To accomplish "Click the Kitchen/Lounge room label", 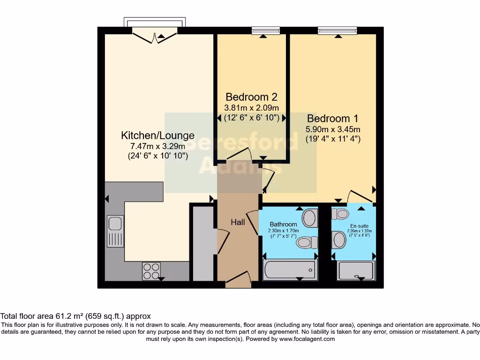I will [x=157, y=135].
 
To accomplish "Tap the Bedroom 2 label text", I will [x=251, y=97].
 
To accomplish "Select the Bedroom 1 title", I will [x=333, y=119].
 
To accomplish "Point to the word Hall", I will [x=238, y=222].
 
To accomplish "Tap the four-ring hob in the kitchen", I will [x=151, y=271].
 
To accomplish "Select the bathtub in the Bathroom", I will [x=289, y=269].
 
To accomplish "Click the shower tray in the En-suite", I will [x=357, y=270].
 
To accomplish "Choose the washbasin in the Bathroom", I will [x=309, y=217].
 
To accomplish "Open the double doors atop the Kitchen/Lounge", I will [x=155, y=36].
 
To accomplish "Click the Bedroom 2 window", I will [x=265, y=31].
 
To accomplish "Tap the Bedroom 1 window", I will [x=337, y=31].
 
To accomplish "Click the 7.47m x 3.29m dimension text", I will [x=157, y=146].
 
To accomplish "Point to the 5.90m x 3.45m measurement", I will [x=333, y=129].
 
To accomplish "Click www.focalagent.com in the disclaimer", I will [x=307, y=339].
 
